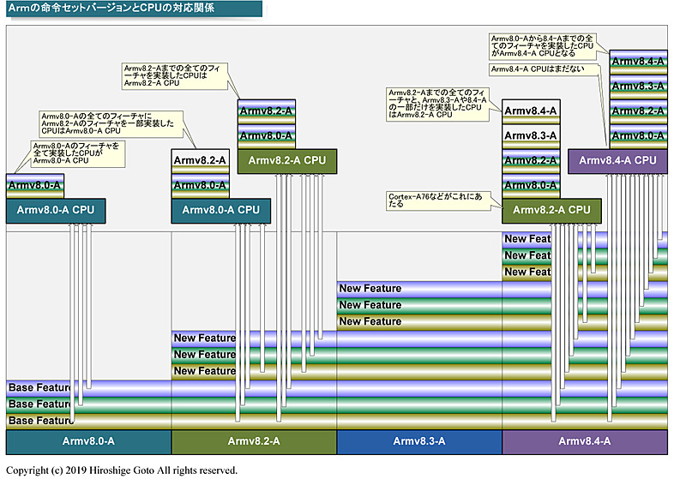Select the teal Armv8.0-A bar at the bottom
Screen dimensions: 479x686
[x=88, y=441]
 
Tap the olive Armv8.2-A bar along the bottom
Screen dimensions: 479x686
[x=254, y=441]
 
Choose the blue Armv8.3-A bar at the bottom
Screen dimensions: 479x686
[x=419, y=441]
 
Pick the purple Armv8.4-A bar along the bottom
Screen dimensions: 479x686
[x=584, y=441]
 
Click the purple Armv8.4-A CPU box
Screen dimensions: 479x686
[x=617, y=160]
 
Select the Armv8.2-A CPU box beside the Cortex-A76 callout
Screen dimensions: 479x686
[x=551, y=210]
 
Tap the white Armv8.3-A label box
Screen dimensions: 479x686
[x=530, y=136]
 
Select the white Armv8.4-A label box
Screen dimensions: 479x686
[x=530, y=111]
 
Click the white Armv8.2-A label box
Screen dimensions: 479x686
[x=200, y=160]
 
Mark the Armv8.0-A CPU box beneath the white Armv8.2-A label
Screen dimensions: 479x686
[x=221, y=210]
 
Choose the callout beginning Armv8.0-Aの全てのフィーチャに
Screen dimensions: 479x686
[x=106, y=123]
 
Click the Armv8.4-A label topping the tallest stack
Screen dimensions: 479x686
[x=637, y=62]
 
